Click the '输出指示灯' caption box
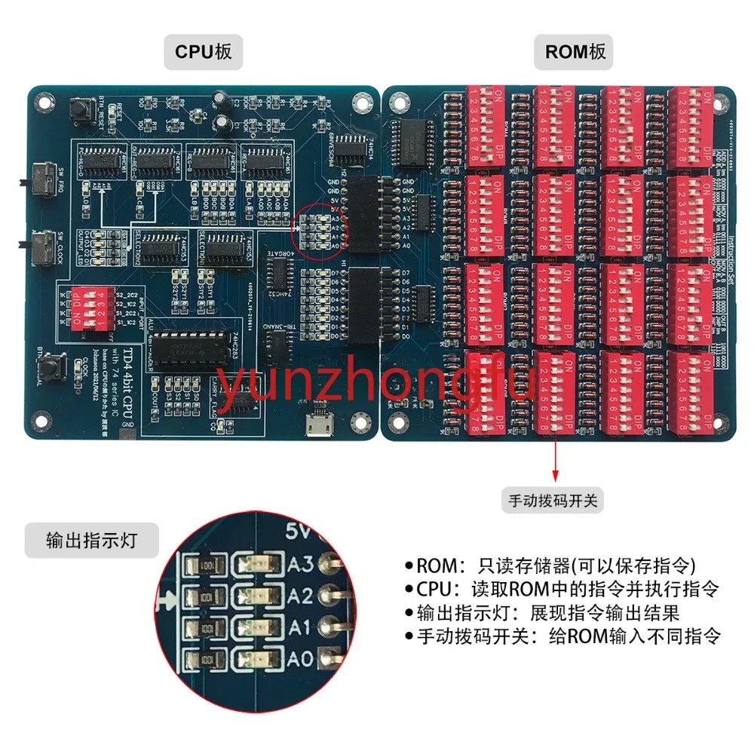click(x=91, y=540)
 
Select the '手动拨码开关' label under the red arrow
click(x=555, y=500)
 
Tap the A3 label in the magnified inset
click(x=299, y=563)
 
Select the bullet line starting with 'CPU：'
click(x=562, y=589)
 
